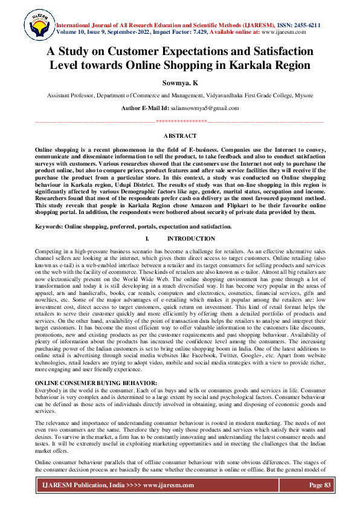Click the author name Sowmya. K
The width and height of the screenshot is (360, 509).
pyautogui.click(x=180, y=83)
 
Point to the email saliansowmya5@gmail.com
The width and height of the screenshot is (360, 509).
pyautogui.click(x=205, y=108)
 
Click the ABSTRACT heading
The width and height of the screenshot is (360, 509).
pyautogui.click(x=180, y=137)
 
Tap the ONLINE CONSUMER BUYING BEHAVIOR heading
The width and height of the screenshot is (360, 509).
pyautogui.click(x=86, y=383)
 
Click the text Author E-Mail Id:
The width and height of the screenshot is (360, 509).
pyautogui.click(x=147, y=108)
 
